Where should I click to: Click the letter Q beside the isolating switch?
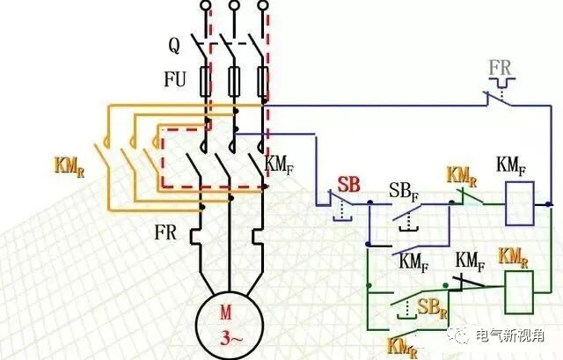175,42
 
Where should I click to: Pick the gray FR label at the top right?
503,68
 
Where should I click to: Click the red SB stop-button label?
348,184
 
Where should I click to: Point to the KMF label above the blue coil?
513,164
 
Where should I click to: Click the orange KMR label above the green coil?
513,256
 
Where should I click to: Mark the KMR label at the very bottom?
401,345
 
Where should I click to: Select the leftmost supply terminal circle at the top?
207,7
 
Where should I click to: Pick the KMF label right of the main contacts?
279,163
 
